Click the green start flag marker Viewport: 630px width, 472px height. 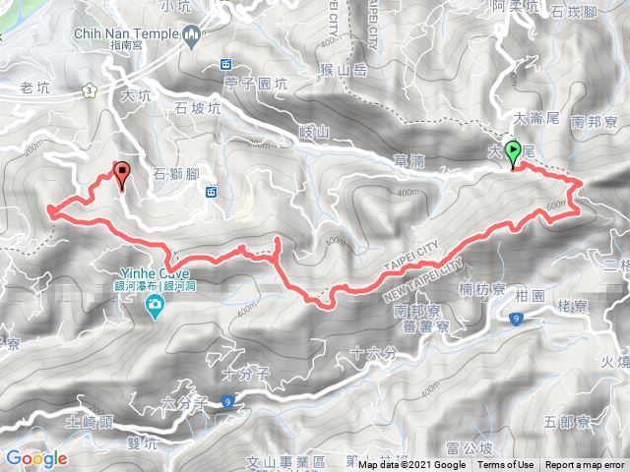point(512,153)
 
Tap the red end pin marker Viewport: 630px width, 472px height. point(122,175)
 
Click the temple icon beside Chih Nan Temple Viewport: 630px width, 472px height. point(192,36)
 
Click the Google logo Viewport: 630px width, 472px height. point(36,458)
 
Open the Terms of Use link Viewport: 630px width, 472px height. point(506,465)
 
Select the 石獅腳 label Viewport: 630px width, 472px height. point(177,175)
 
